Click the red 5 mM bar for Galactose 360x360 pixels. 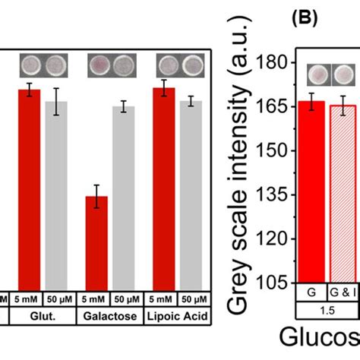pyautogui.click(x=96, y=243)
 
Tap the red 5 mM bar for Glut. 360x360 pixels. pyautogui.click(x=29, y=190)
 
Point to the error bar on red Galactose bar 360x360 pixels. pyautogui.click(x=96, y=196)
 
